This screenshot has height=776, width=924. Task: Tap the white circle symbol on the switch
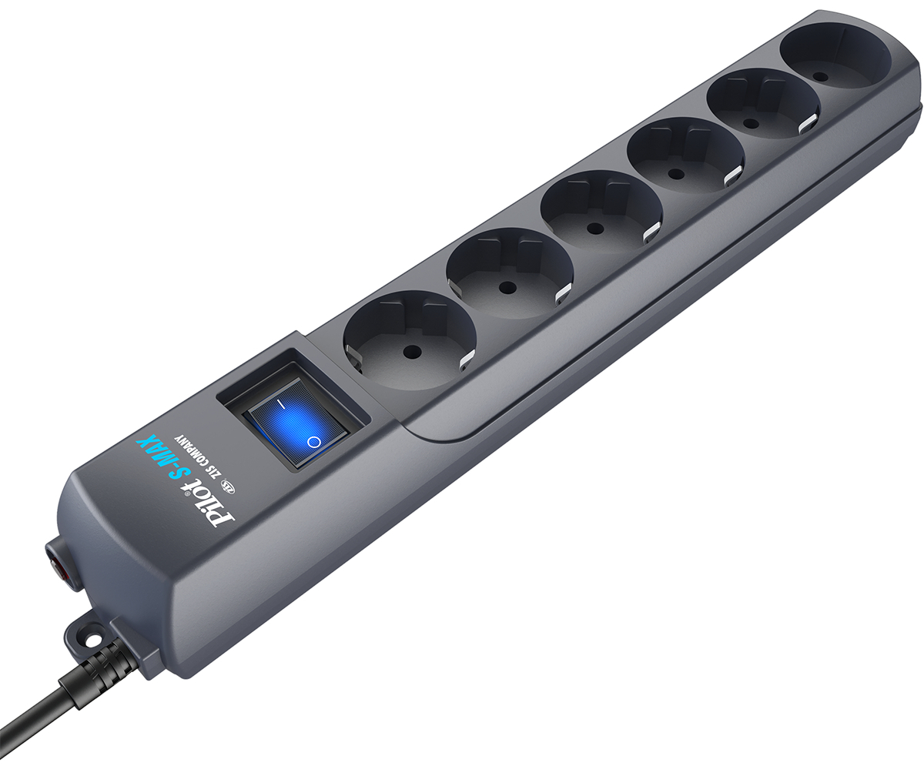pyautogui.click(x=313, y=442)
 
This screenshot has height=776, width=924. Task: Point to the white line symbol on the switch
pyautogui.click(x=281, y=403)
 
